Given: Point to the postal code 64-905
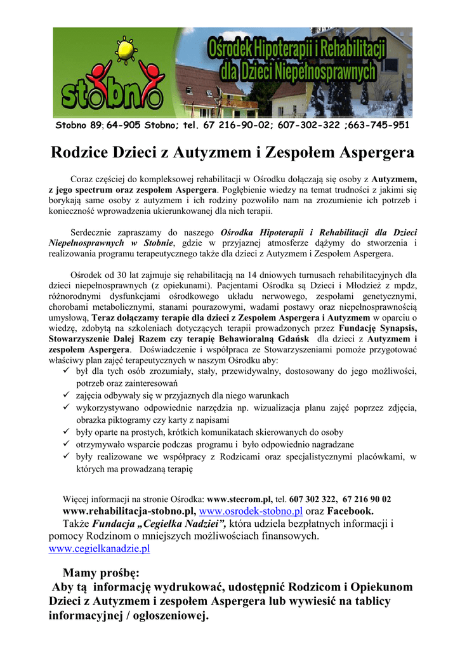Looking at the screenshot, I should [124, 125].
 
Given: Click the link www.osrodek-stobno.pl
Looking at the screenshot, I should [251, 511].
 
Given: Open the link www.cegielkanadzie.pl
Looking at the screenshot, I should [100, 548].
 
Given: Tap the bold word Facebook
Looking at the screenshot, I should [350, 511].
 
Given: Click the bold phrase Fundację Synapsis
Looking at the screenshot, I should [378, 328].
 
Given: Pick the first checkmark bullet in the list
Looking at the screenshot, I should [67, 371].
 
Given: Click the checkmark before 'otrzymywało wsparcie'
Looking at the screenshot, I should [67, 445].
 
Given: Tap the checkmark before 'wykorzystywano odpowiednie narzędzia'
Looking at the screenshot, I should [67, 408].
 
